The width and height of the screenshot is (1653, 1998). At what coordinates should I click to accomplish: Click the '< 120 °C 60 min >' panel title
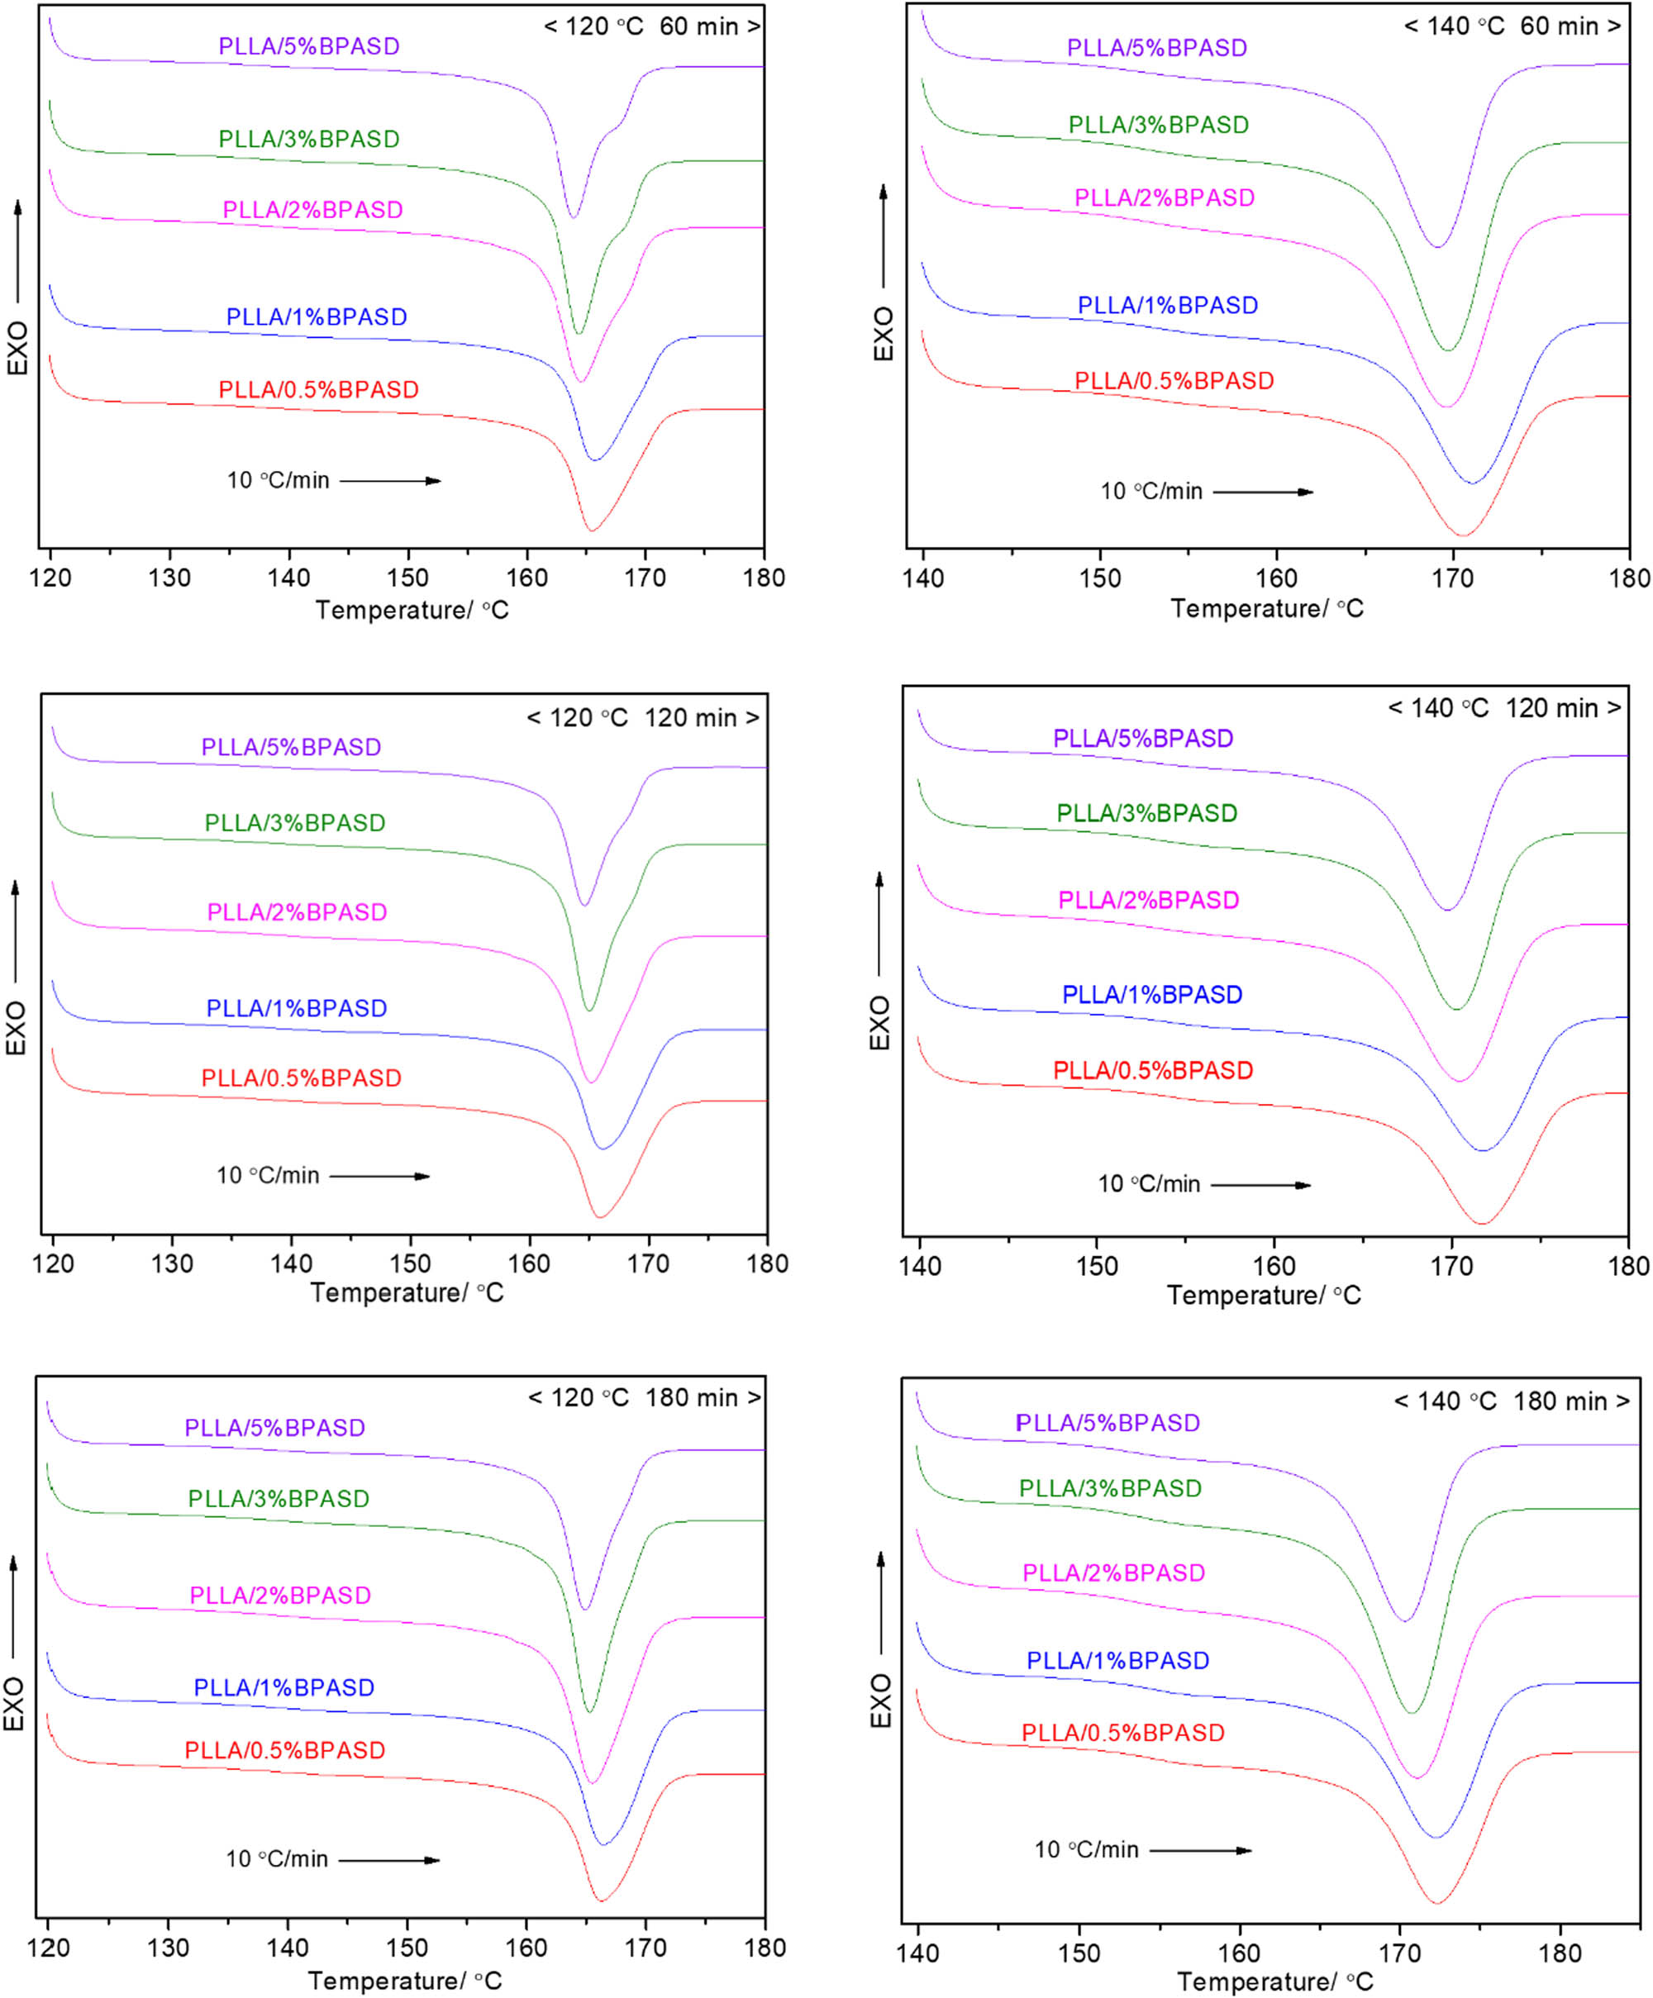(651, 26)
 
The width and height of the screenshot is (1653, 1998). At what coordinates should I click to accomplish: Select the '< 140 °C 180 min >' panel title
(1511, 1401)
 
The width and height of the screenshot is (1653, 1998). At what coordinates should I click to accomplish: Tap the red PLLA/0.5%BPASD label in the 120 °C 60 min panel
(319, 390)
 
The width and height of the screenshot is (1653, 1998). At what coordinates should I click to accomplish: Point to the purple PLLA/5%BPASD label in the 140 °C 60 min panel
(1156, 48)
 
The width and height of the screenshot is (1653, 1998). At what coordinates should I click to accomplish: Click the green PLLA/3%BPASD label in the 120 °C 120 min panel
(295, 823)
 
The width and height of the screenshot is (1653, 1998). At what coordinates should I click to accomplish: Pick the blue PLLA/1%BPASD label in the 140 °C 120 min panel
(1151, 995)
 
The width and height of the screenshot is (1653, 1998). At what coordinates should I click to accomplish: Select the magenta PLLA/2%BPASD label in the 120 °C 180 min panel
(280, 1596)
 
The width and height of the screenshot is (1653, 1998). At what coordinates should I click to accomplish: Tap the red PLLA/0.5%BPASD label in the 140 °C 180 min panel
(1123, 1734)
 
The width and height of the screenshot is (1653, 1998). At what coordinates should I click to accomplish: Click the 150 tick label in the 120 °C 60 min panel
(407, 578)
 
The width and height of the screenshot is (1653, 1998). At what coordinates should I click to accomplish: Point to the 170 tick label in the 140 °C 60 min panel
(1452, 578)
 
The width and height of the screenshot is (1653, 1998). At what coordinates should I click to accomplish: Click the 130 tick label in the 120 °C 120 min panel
(171, 1264)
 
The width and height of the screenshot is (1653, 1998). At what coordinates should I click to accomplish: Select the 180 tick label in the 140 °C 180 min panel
(1560, 1954)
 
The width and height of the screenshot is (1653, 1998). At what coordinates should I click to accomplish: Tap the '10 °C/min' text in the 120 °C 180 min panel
(277, 1859)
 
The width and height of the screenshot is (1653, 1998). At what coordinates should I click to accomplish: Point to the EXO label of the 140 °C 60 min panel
(884, 333)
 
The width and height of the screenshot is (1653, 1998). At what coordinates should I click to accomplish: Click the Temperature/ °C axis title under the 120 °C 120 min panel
(407, 1293)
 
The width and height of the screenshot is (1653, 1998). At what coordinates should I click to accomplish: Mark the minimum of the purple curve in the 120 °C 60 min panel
(573, 217)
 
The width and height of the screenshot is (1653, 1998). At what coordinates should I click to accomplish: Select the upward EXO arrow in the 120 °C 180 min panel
(13, 1608)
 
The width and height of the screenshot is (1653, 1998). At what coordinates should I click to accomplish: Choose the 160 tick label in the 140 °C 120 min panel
(1274, 1267)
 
